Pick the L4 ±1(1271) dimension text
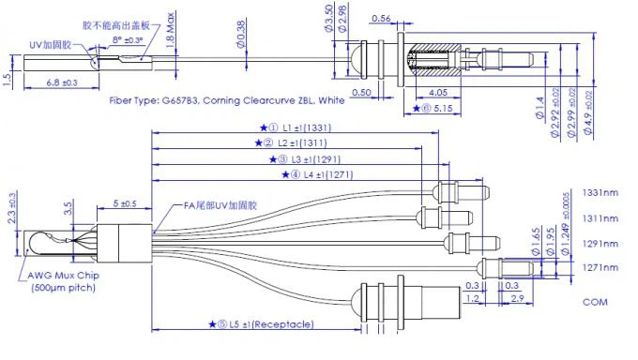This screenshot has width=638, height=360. [x=323, y=174]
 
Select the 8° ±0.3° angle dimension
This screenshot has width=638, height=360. [x=127, y=39]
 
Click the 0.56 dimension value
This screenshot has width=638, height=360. [x=381, y=18]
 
